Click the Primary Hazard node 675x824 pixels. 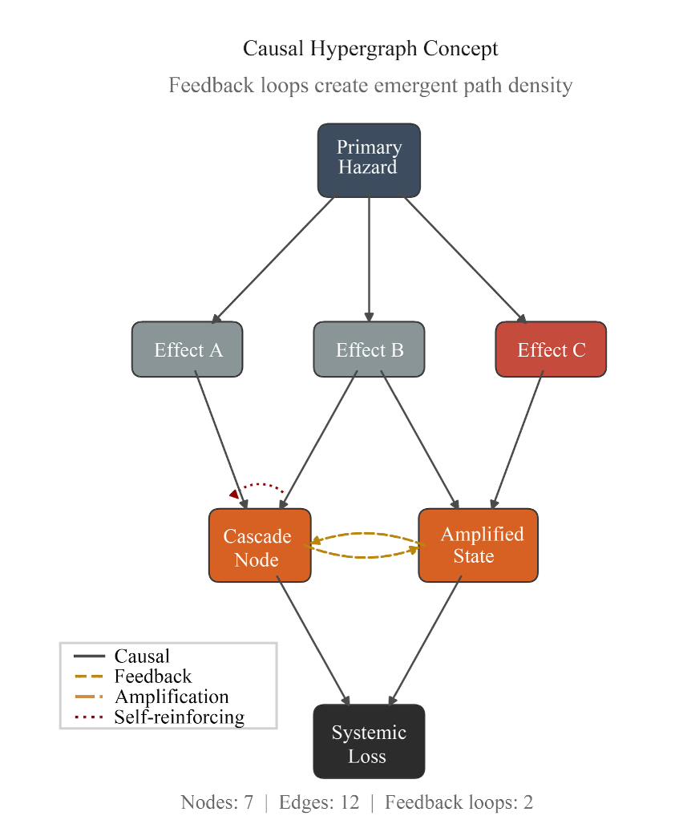369,160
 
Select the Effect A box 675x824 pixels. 187,349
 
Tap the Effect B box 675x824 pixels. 369,349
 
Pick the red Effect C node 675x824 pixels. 551,349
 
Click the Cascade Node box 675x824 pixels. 259,546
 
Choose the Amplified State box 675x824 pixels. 478,546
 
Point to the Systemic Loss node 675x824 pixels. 369,742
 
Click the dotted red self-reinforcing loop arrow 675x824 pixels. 261,485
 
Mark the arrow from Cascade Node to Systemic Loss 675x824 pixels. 314,642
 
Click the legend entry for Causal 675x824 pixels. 142,656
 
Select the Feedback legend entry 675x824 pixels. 152,677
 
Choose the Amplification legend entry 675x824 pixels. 171,697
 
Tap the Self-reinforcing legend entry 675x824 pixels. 178,717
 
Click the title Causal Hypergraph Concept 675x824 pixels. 370,49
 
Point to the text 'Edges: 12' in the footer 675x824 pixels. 319,802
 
